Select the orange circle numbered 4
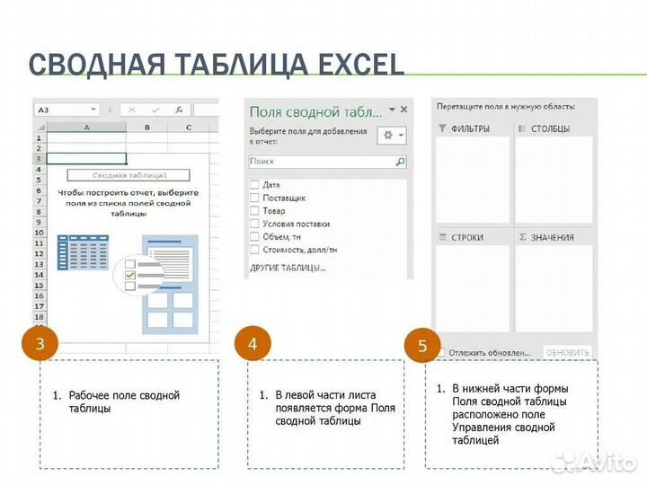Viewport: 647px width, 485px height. (x=253, y=343)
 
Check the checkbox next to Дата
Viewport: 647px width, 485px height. (x=254, y=184)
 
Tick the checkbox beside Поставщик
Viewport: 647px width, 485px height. (x=254, y=197)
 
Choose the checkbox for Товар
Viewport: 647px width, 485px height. (x=254, y=210)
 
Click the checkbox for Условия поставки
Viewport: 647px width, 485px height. (x=254, y=223)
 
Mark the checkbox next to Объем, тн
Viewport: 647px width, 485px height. (x=254, y=236)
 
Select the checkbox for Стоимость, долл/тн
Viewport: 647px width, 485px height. (x=254, y=249)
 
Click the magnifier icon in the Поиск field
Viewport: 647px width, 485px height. (x=400, y=162)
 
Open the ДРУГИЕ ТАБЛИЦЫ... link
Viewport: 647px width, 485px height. (x=287, y=268)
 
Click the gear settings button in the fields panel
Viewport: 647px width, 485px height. (x=392, y=135)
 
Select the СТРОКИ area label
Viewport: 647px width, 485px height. (x=466, y=237)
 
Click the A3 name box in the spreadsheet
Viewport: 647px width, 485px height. (x=63, y=110)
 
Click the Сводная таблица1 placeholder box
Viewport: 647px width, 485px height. (x=129, y=176)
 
